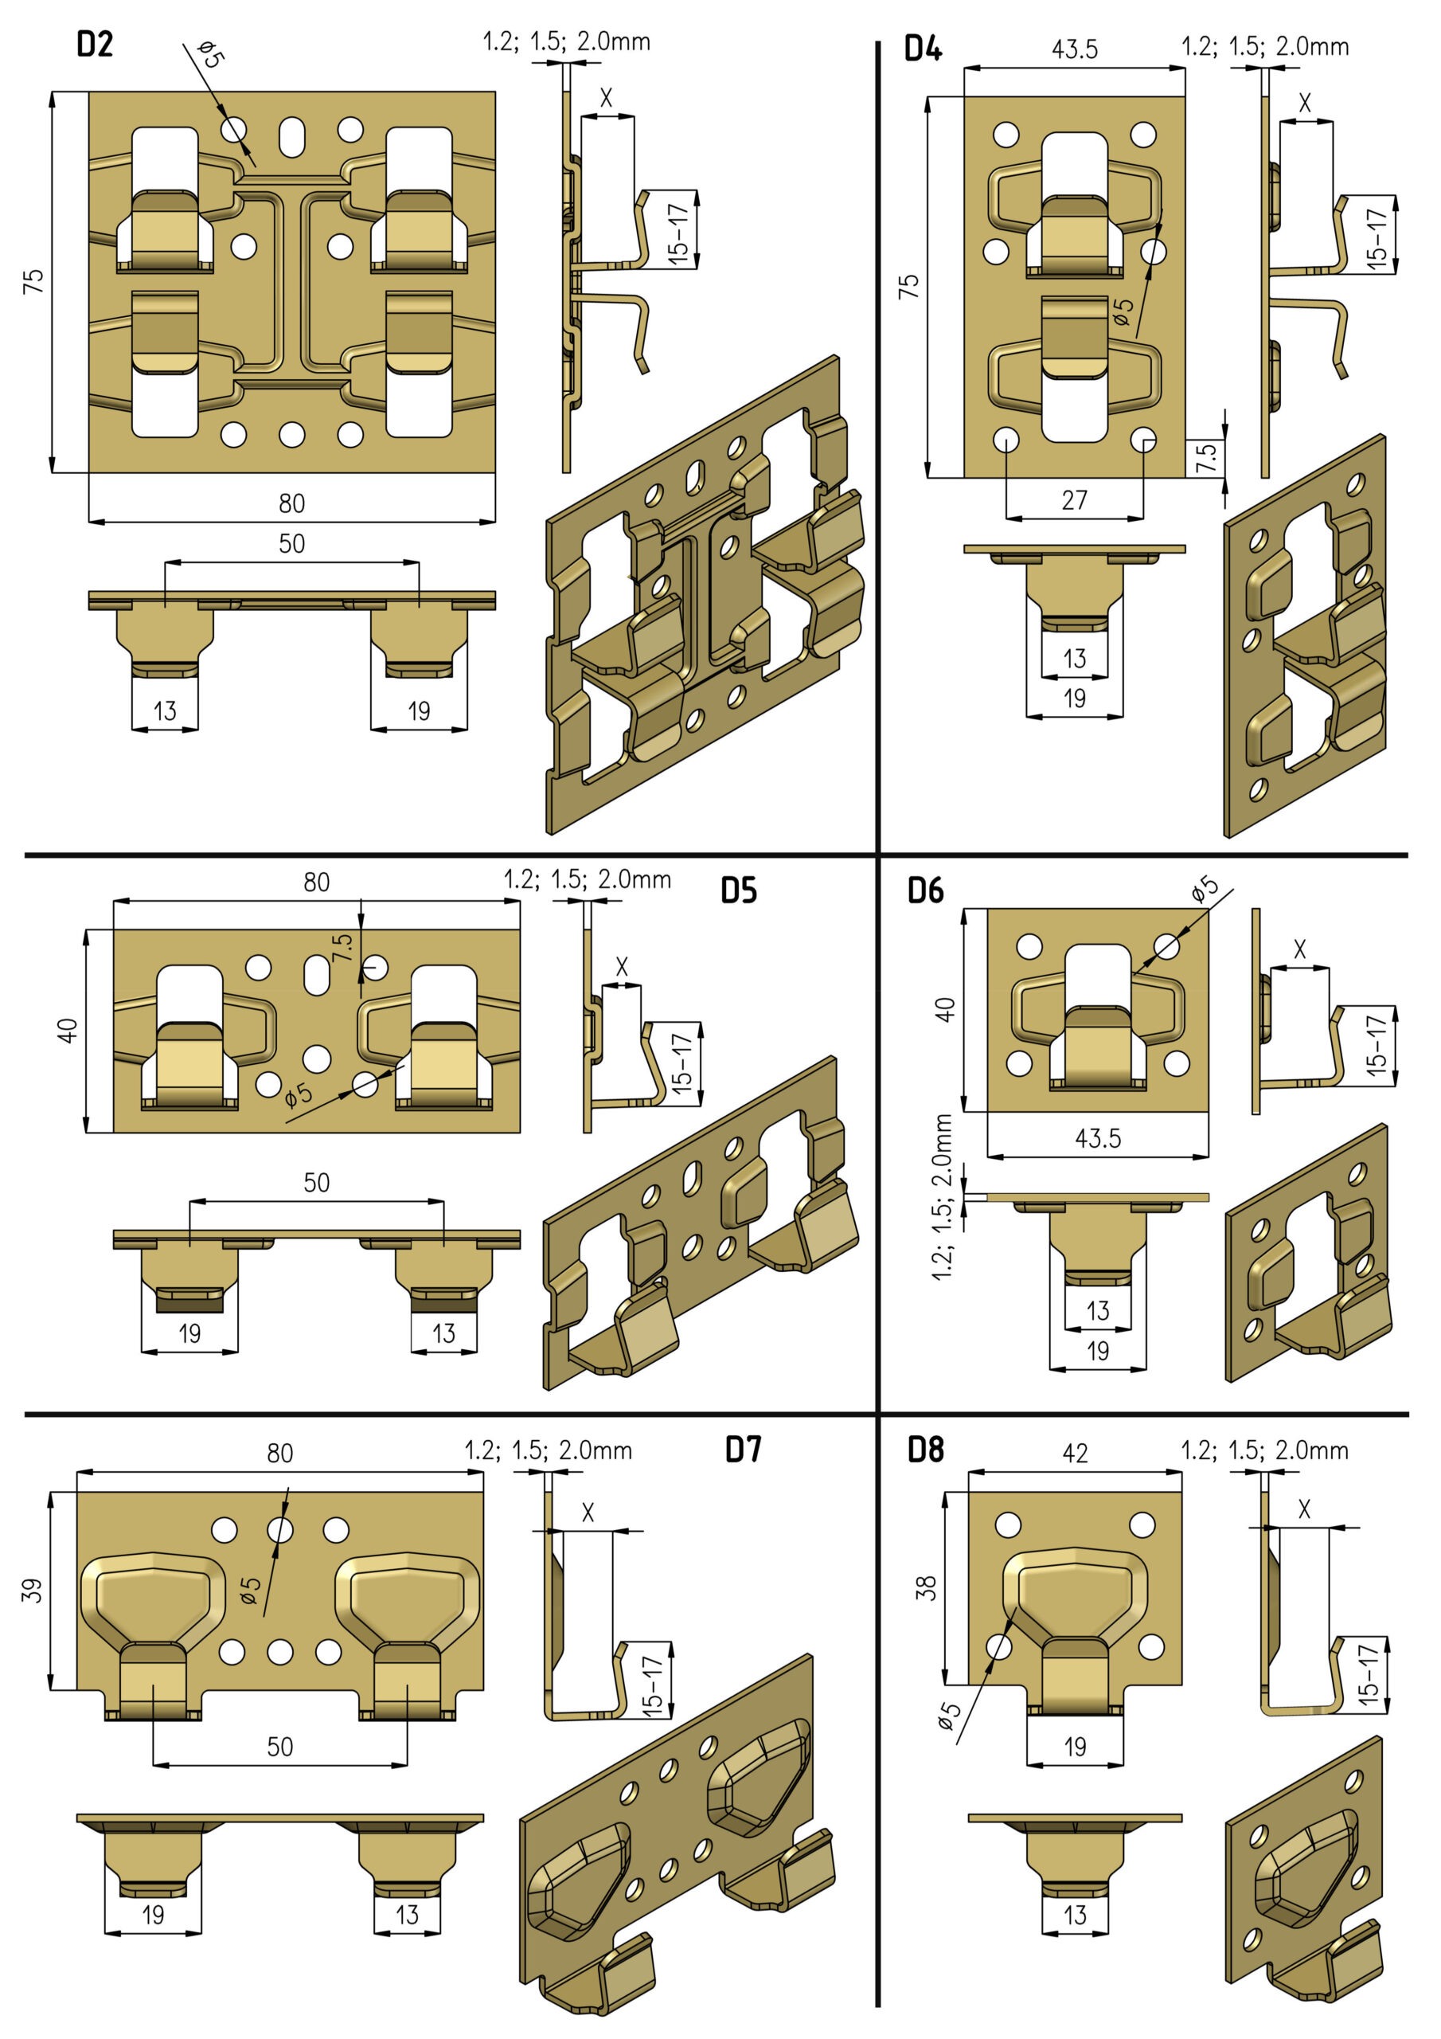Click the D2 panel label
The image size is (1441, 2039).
(x=95, y=44)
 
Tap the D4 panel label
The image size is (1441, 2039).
(x=924, y=48)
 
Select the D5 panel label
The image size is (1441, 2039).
(x=739, y=890)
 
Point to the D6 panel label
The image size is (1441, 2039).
(x=925, y=890)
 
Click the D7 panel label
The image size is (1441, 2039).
(x=743, y=1450)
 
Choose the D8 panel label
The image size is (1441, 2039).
(x=925, y=1450)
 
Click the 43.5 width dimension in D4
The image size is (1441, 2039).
(x=1074, y=49)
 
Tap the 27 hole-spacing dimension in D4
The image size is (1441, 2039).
(x=1074, y=500)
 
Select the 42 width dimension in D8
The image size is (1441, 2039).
(x=1074, y=1453)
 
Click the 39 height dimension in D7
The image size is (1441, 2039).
(x=33, y=1590)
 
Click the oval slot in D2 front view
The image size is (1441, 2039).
(x=291, y=138)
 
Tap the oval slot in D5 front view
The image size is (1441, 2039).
(x=316, y=974)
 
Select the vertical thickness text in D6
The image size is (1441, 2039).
(x=942, y=1196)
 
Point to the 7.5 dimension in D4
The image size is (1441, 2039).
(x=1205, y=457)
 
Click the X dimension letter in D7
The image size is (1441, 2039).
(x=587, y=1513)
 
